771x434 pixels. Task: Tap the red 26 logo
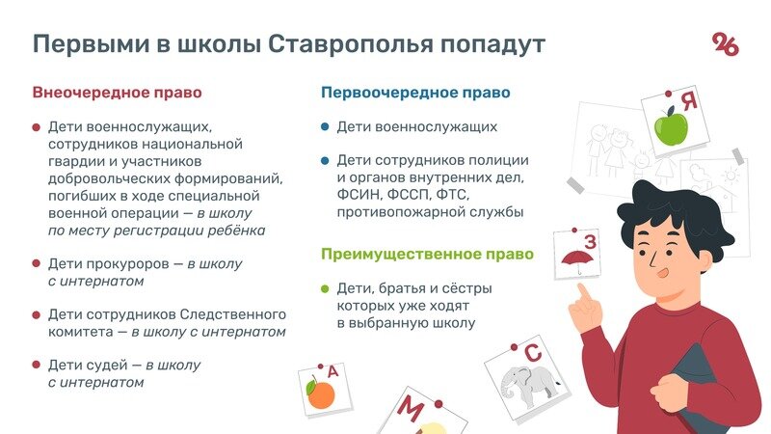pos(726,43)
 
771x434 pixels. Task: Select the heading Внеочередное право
pos(118,94)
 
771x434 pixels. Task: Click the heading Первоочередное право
pos(415,94)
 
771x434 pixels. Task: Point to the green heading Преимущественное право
pos(427,256)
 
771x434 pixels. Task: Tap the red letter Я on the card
pos(687,100)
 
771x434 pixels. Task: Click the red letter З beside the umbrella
pos(591,241)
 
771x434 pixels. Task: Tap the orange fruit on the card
pos(320,393)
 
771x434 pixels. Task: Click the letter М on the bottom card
pos(411,411)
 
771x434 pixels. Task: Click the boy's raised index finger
pos(584,291)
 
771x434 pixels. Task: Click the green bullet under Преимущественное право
pos(326,288)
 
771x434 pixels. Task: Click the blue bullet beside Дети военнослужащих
pos(326,126)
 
